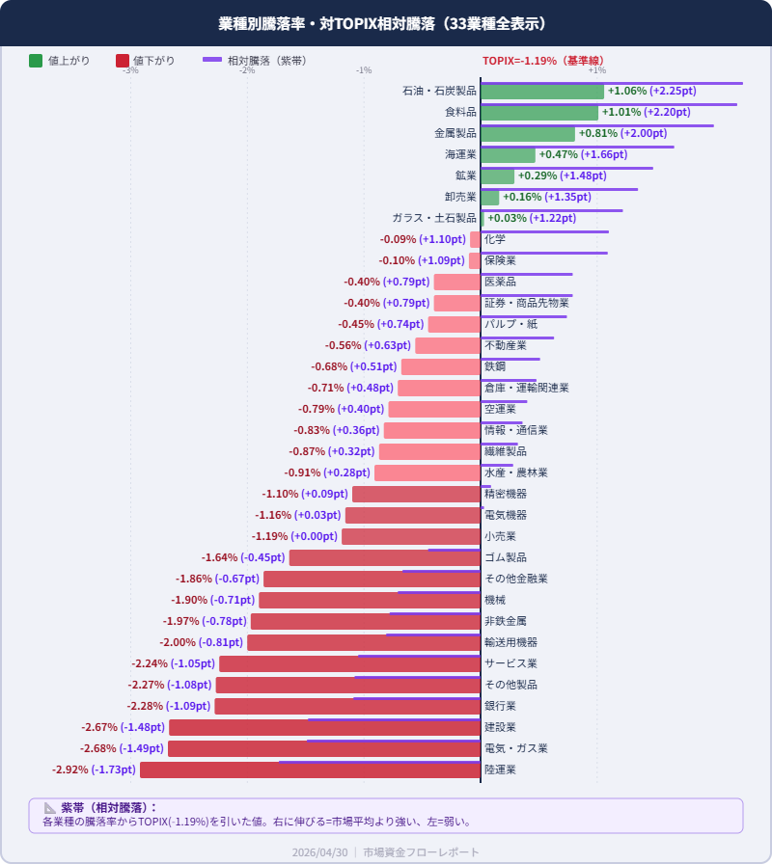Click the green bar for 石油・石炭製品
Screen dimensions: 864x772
[542, 92]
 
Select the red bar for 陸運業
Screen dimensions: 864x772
[310, 770]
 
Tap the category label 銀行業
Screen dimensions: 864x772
[500, 706]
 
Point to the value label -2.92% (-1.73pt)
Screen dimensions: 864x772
[94, 770]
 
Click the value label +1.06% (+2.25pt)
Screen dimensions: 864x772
[651, 92]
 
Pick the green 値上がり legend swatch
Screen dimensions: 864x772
[36, 61]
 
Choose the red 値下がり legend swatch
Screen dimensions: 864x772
[122, 61]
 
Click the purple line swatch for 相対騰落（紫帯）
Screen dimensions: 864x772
[212, 60]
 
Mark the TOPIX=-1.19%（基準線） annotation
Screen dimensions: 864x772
[543, 61]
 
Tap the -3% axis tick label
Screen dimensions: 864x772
[130, 70]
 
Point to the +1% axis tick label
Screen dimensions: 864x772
[596, 70]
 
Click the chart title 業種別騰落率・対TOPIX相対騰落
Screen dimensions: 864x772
[386, 23]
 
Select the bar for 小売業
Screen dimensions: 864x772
[411, 537]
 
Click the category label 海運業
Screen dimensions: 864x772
[460, 154]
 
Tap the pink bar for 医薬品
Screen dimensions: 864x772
[456, 283]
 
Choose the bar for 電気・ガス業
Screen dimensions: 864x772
[324, 749]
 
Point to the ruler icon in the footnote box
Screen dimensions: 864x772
[50, 808]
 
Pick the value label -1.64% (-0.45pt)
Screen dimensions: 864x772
[243, 558]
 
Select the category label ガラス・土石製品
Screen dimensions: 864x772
[434, 218]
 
